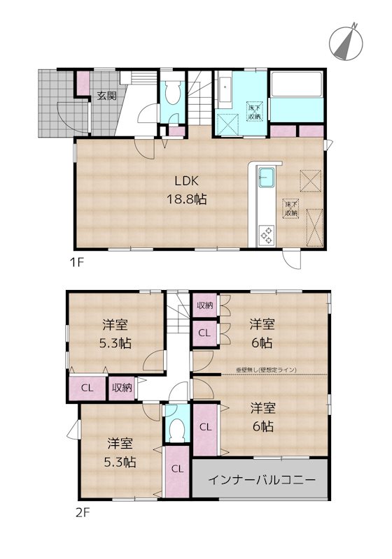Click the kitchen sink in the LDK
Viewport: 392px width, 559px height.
pyautogui.click(x=267, y=177)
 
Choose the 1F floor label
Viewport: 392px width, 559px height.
pyautogui.click(x=76, y=263)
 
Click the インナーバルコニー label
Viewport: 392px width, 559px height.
pyautogui.click(x=260, y=479)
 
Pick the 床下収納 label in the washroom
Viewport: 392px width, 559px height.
pyautogui.click(x=254, y=112)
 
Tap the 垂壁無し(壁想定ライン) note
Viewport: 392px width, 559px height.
pyautogui.click(x=267, y=370)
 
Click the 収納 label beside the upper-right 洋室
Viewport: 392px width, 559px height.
pyautogui.click(x=204, y=305)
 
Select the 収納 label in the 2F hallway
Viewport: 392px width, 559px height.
pyautogui.click(x=120, y=387)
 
